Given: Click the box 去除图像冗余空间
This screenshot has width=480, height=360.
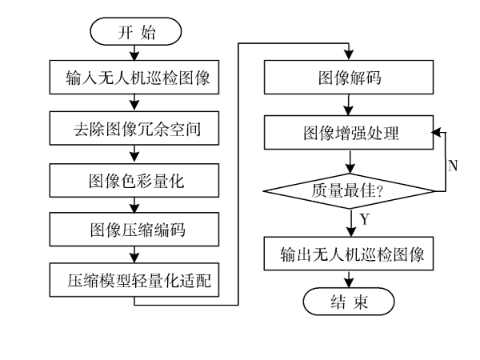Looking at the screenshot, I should pyautogui.click(x=133, y=128).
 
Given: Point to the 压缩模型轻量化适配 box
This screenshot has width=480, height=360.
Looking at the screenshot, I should pyautogui.click(x=133, y=281).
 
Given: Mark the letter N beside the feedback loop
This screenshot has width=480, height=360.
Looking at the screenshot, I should pyautogui.click(x=453, y=166).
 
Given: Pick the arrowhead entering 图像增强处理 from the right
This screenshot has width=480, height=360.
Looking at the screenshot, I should pyautogui.click(x=435, y=132).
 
